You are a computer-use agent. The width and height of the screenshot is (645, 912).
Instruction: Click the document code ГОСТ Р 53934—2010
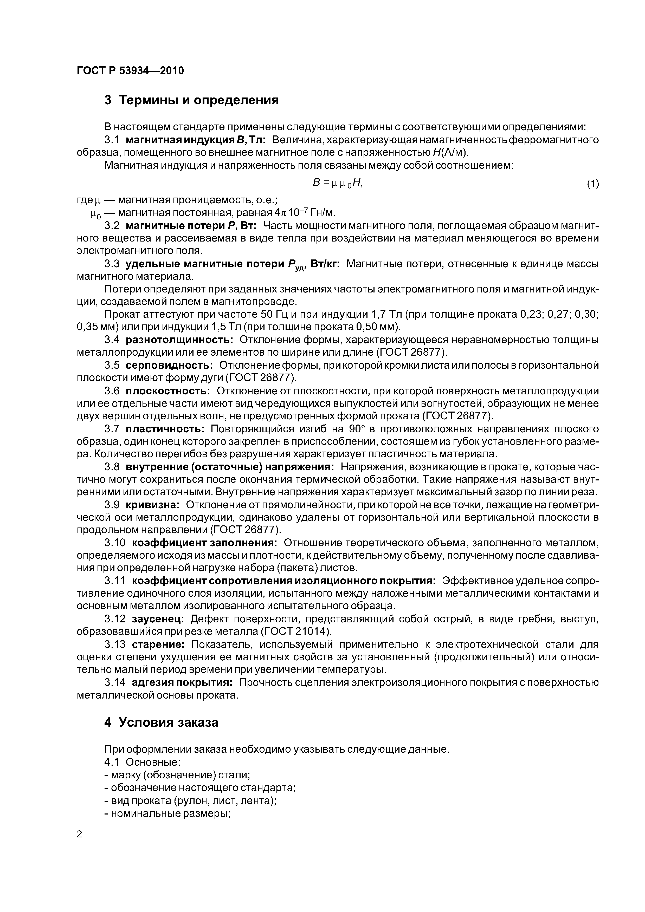pyautogui.click(x=130, y=71)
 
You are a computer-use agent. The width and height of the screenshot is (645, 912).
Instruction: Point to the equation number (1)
pyautogui.click(x=592, y=184)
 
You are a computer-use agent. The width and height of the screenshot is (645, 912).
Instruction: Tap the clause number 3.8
pyautogui.click(x=112, y=467)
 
